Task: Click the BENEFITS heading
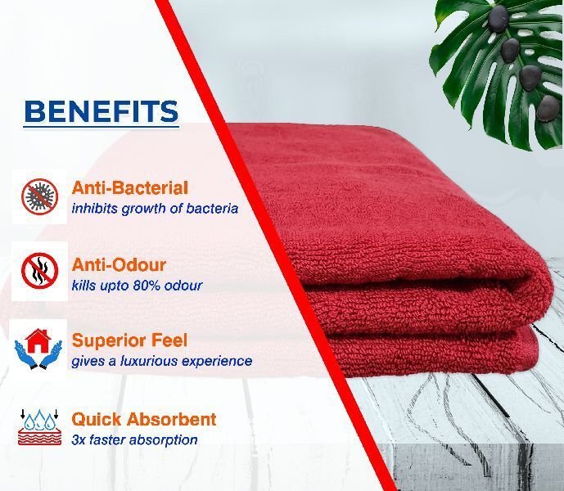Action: [x=101, y=111]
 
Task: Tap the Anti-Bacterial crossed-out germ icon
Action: [x=39, y=196]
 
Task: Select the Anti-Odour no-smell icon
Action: [x=39, y=271]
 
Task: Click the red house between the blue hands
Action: [x=38, y=341]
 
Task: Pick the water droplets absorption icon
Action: [x=39, y=427]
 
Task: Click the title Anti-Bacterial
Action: [x=130, y=188]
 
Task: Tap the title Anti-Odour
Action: [x=119, y=265]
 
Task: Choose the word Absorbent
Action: [x=171, y=420]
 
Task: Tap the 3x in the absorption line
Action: [x=78, y=440]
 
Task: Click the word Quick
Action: [x=97, y=420]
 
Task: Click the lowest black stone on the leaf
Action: [x=548, y=108]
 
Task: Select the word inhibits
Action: [x=95, y=209]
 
